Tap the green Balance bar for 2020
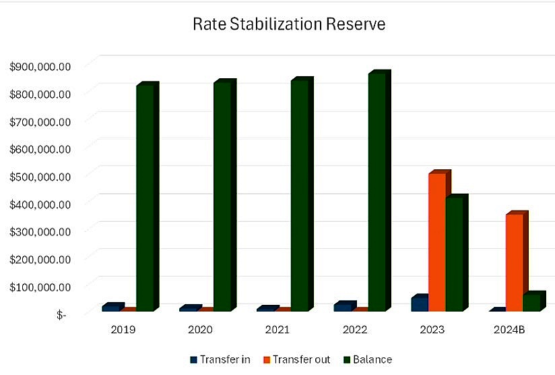(222, 196)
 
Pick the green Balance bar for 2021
(300, 195)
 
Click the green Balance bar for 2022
(377, 192)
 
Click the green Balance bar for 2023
(455, 254)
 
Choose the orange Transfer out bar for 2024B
(515, 262)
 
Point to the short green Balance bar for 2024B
(532, 302)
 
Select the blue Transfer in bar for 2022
(344, 307)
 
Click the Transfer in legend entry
(220, 359)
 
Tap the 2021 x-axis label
(277, 330)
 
